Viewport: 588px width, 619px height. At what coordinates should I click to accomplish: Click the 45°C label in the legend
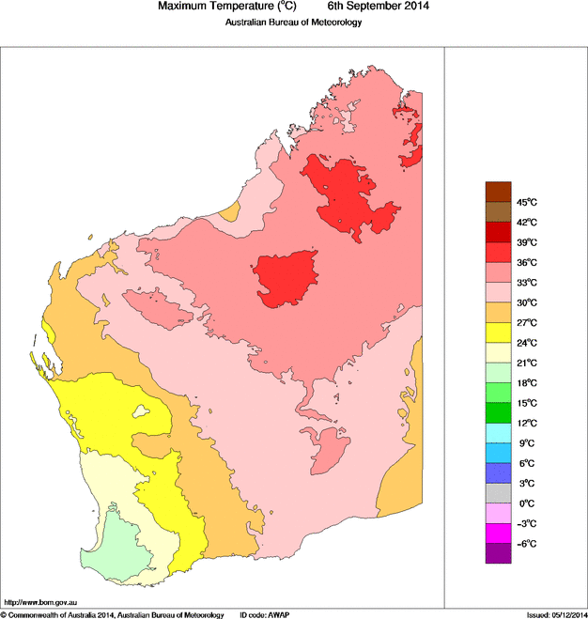[x=526, y=202]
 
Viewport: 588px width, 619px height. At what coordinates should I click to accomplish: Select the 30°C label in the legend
[x=526, y=302]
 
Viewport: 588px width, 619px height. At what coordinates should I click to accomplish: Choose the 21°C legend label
[x=526, y=363]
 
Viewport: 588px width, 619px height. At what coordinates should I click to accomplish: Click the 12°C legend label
[x=526, y=423]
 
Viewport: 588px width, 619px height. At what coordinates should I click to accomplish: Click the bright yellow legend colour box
[x=498, y=332]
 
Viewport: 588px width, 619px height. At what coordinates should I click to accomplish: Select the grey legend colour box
[x=498, y=492]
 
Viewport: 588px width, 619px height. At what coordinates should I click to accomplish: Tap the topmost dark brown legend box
[x=498, y=192]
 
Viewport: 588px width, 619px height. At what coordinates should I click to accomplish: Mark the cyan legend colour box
[x=498, y=432]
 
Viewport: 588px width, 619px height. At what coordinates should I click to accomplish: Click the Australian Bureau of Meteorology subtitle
[x=293, y=23]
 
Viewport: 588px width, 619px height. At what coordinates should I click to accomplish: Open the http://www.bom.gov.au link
[x=41, y=601]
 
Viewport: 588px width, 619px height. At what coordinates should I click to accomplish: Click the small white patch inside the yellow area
[x=142, y=410]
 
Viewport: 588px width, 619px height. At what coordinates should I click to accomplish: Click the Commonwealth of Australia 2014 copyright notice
[x=113, y=613]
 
